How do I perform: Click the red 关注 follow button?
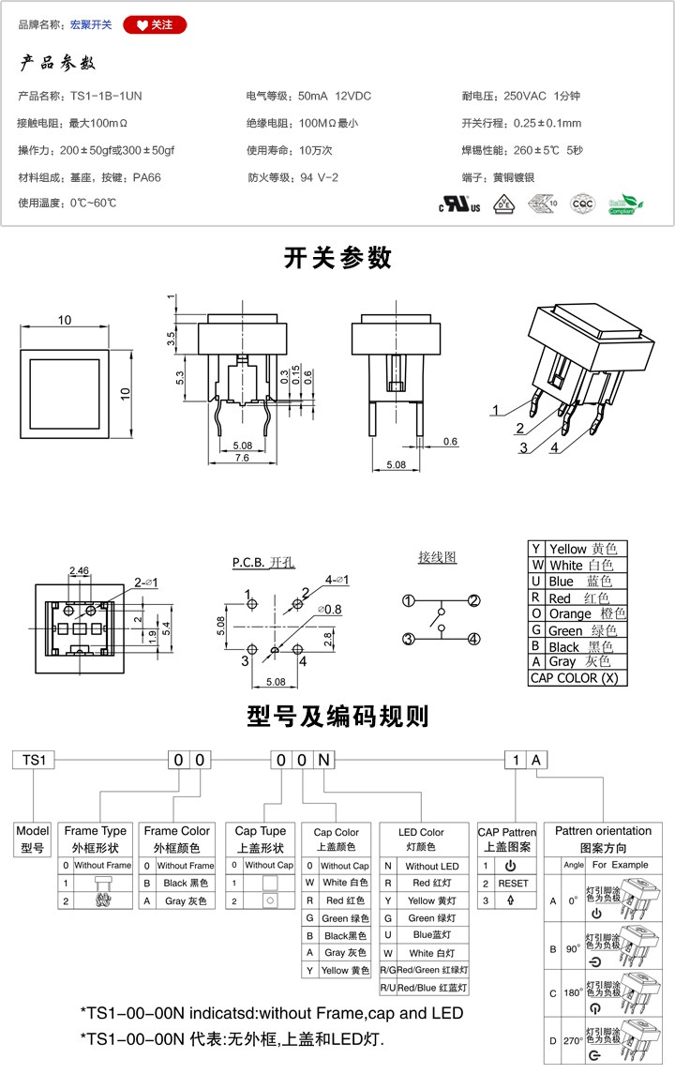click(x=155, y=25)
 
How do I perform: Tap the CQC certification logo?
click(x=583, y=204)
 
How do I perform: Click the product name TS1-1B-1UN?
click(x=106, y=96)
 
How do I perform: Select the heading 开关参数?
click(x=337, y=257)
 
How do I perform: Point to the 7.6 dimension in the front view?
click(x=241, y=459)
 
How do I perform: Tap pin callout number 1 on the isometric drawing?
click(x=497, y=410)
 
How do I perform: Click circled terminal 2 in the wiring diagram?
click(x=474, y=601)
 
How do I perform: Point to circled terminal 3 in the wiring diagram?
click(x=409, y=640)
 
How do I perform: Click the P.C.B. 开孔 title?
click(x=263, y=563)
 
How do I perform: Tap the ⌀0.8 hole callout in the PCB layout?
click(x=329, y=610)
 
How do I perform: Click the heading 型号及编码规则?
click(x=337, y=718)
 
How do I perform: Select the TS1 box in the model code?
click(x=34, y=761)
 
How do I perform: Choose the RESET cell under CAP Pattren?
click(x=513, y=884)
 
